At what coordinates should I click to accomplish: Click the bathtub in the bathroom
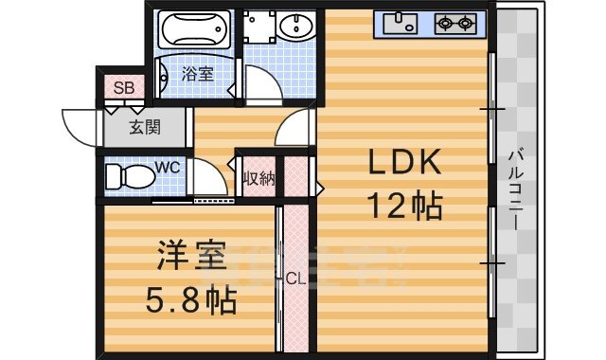[193, 30]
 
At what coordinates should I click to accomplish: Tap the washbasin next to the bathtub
[296, 28]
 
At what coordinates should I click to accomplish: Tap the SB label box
[124, 88]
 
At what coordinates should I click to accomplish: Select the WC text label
[167, 168]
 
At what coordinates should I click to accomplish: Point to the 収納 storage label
[258, 177]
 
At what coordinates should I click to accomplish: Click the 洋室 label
[191, 257]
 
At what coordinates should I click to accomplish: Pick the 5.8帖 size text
[190, 300]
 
